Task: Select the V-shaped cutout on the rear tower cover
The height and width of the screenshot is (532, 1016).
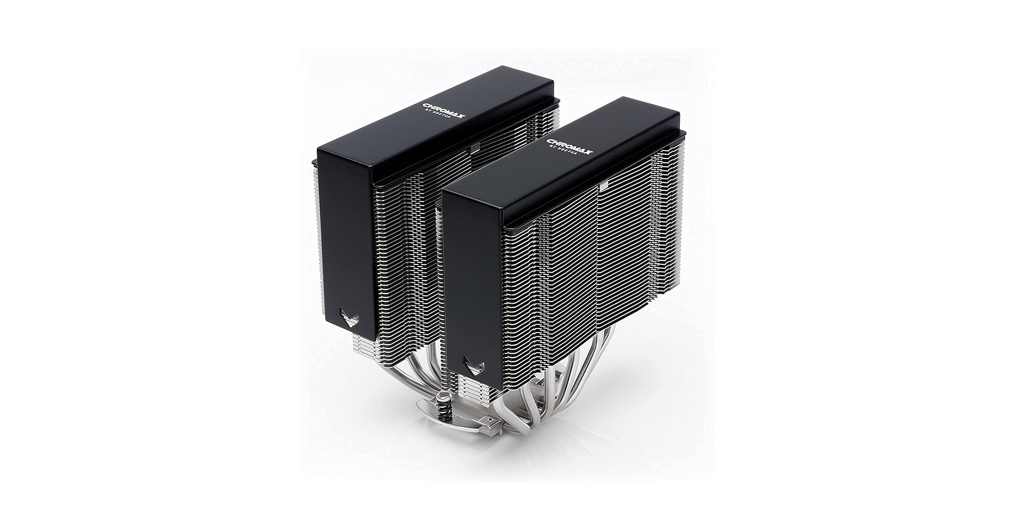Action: coord(349,320)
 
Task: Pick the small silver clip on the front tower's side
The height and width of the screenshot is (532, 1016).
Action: coord(603,187)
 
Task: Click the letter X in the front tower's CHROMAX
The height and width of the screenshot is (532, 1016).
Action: coord(587,159)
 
